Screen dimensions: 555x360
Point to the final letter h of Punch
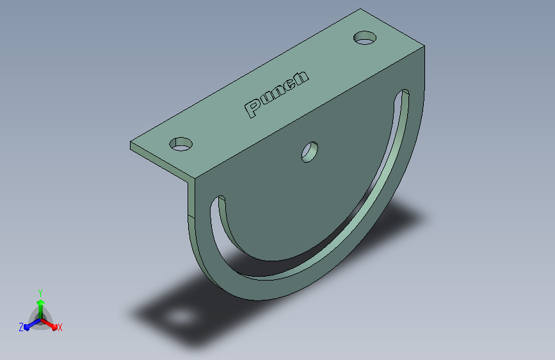click(300, 78)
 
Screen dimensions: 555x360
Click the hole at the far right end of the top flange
click(365, 38)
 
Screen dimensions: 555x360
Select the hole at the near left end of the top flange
click(181, 144)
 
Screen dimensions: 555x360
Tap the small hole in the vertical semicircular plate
click(310, 152)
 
